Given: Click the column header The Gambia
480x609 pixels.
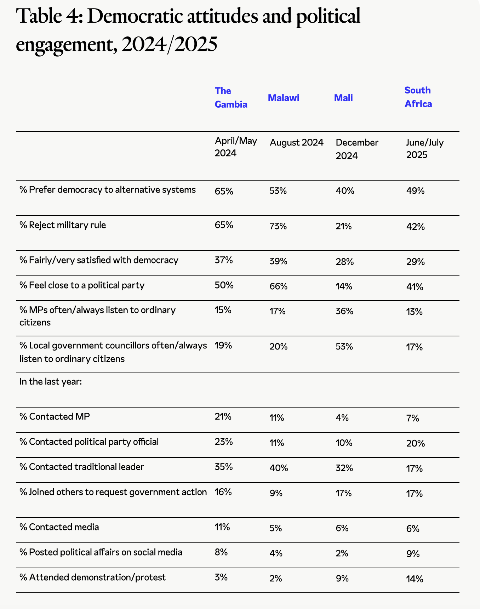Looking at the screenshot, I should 231,98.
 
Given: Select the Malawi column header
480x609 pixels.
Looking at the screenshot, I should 284,98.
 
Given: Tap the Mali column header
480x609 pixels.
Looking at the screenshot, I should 343,98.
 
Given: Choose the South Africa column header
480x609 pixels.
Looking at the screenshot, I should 418,97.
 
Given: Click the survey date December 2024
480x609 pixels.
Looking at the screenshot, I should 357,149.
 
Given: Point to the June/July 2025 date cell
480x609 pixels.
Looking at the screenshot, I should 424,149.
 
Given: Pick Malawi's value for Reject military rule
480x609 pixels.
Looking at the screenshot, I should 278,226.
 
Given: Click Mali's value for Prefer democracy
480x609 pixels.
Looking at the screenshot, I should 345,191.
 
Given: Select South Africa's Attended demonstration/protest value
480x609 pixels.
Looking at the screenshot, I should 415,579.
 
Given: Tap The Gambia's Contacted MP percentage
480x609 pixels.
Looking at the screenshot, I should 223,417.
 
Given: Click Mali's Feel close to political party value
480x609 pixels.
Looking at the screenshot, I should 344,286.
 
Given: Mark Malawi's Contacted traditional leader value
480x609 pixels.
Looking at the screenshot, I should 279,468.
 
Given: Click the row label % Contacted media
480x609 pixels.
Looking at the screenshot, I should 59,527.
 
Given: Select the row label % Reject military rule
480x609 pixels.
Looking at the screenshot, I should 63,225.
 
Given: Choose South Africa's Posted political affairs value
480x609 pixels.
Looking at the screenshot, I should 413,554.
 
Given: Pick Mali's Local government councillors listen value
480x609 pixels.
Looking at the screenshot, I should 344,347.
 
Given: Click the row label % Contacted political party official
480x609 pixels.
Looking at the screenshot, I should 89,442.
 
